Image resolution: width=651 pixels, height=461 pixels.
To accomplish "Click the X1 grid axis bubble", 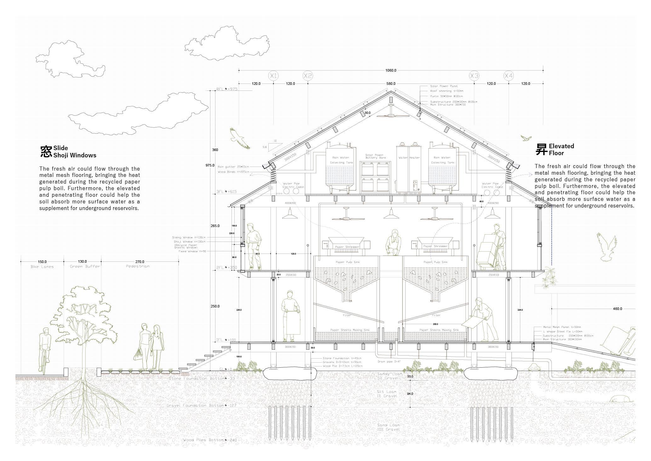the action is tap(273, 76).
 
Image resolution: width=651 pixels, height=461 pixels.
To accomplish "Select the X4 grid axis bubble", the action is tap(508, 76).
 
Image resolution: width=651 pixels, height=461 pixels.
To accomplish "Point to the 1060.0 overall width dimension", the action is tap(391, 70).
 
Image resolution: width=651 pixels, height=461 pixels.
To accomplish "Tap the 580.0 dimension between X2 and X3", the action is tap(391, 84).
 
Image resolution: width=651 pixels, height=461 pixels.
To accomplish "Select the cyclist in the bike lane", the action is tap(45, 349).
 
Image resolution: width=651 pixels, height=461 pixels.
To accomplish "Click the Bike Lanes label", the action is tap(42, 267).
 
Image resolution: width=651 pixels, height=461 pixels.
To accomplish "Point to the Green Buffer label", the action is tap(85, 266).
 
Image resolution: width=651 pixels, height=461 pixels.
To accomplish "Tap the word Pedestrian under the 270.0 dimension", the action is tap(138, 266).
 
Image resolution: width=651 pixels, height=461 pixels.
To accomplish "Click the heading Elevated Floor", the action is tap(561, 149).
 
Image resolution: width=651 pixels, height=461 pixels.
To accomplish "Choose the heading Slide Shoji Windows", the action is tap(75, 152).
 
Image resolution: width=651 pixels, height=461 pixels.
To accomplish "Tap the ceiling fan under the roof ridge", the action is tap(391, 115).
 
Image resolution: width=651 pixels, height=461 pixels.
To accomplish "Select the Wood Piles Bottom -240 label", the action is tap(210, 440).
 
